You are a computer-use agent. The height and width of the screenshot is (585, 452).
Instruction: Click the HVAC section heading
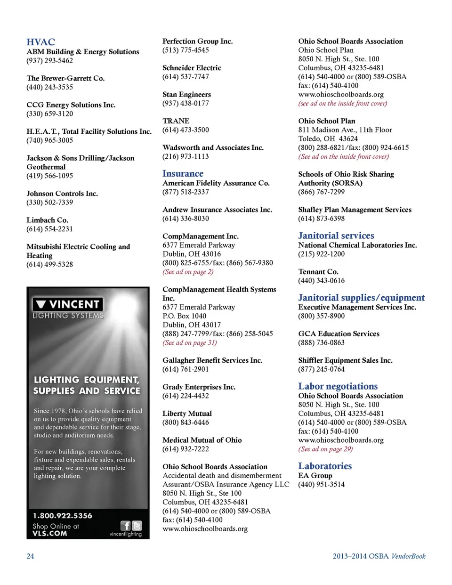click(x=40, y=42)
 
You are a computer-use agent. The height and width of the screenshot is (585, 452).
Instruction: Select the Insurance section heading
click(x=183, y=174)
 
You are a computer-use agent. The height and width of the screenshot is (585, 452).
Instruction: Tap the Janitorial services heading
click(x=336, y=236)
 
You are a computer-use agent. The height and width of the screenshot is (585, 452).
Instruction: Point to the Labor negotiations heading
click(x=338, y=386)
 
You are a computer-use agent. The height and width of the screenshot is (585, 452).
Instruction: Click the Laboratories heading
click(x=325, y=466)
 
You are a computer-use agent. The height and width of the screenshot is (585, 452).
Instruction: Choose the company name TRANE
click(x=176, y=121)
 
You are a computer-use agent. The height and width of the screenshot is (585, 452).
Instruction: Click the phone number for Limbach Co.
click(x=49, y=229)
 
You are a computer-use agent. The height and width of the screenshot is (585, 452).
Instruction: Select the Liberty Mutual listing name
click(x=187, y=414)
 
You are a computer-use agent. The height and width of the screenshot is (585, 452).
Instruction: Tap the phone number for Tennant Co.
click(x=321, y=281)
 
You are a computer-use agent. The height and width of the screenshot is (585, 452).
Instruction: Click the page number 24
click(x=30, y=556)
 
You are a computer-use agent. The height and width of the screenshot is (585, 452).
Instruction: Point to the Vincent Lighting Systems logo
click(x=68, y=308)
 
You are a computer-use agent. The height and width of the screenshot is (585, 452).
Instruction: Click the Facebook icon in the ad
click(x=125, y=526)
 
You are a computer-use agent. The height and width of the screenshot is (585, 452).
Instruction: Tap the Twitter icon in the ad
click(x=137, y=526)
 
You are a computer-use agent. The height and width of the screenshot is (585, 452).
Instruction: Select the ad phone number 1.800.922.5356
click(x=63, y=516)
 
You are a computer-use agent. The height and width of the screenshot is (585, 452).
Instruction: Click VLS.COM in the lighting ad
click(x=49, y=534)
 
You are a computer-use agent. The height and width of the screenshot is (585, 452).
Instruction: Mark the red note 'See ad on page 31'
click(x=189, y=343)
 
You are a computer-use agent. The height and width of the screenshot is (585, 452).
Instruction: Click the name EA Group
click(x=315, y=475)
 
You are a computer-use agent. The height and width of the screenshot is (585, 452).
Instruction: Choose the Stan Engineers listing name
click(x=186, y=95)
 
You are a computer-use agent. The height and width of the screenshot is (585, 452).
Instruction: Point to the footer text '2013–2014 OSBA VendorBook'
click(x=379, y=556)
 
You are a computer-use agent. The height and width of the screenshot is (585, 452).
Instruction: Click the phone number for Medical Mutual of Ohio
click(x=186, y=449)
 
